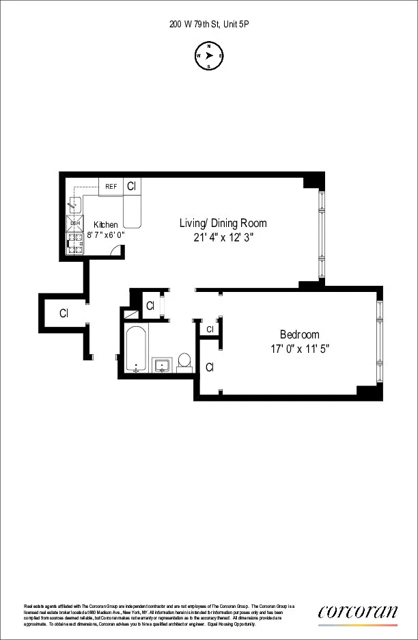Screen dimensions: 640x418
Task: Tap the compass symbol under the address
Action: pyautogui.click(x=209, y=56)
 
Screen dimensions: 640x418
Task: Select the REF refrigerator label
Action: pyautogui.click(x=111, y=186)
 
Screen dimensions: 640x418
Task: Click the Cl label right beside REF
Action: pyautogui.click(x=131, y=186)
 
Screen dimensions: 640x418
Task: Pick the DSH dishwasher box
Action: pyautogui.click(x=75, y=224)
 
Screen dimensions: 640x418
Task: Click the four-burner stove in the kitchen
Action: pyautogui.click(x=75, y=245)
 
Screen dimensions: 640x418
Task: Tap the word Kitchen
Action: pyautogui.click(x=106, y=224)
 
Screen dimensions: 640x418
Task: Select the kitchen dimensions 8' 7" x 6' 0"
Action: pyautogui.click(x=106, y=235)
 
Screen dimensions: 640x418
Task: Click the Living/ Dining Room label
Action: pyautogui.click(x=223, y=223)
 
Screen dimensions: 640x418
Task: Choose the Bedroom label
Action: pyautogui.click(x=300, y=334)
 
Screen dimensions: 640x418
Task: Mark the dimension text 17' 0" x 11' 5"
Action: pyautogui.click(x=301, y=348)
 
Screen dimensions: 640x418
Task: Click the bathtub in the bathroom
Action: pyautogui.click(x=136, y=349)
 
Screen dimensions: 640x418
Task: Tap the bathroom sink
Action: pyautogui.click(x=162, y=364)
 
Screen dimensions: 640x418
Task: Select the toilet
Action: pyautogui.click(x=184, y=361)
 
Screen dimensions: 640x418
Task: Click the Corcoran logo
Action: pyautogui.click(x=357, y=613)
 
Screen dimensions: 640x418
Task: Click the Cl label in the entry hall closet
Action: pyautogui.click(x=64, y=314)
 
